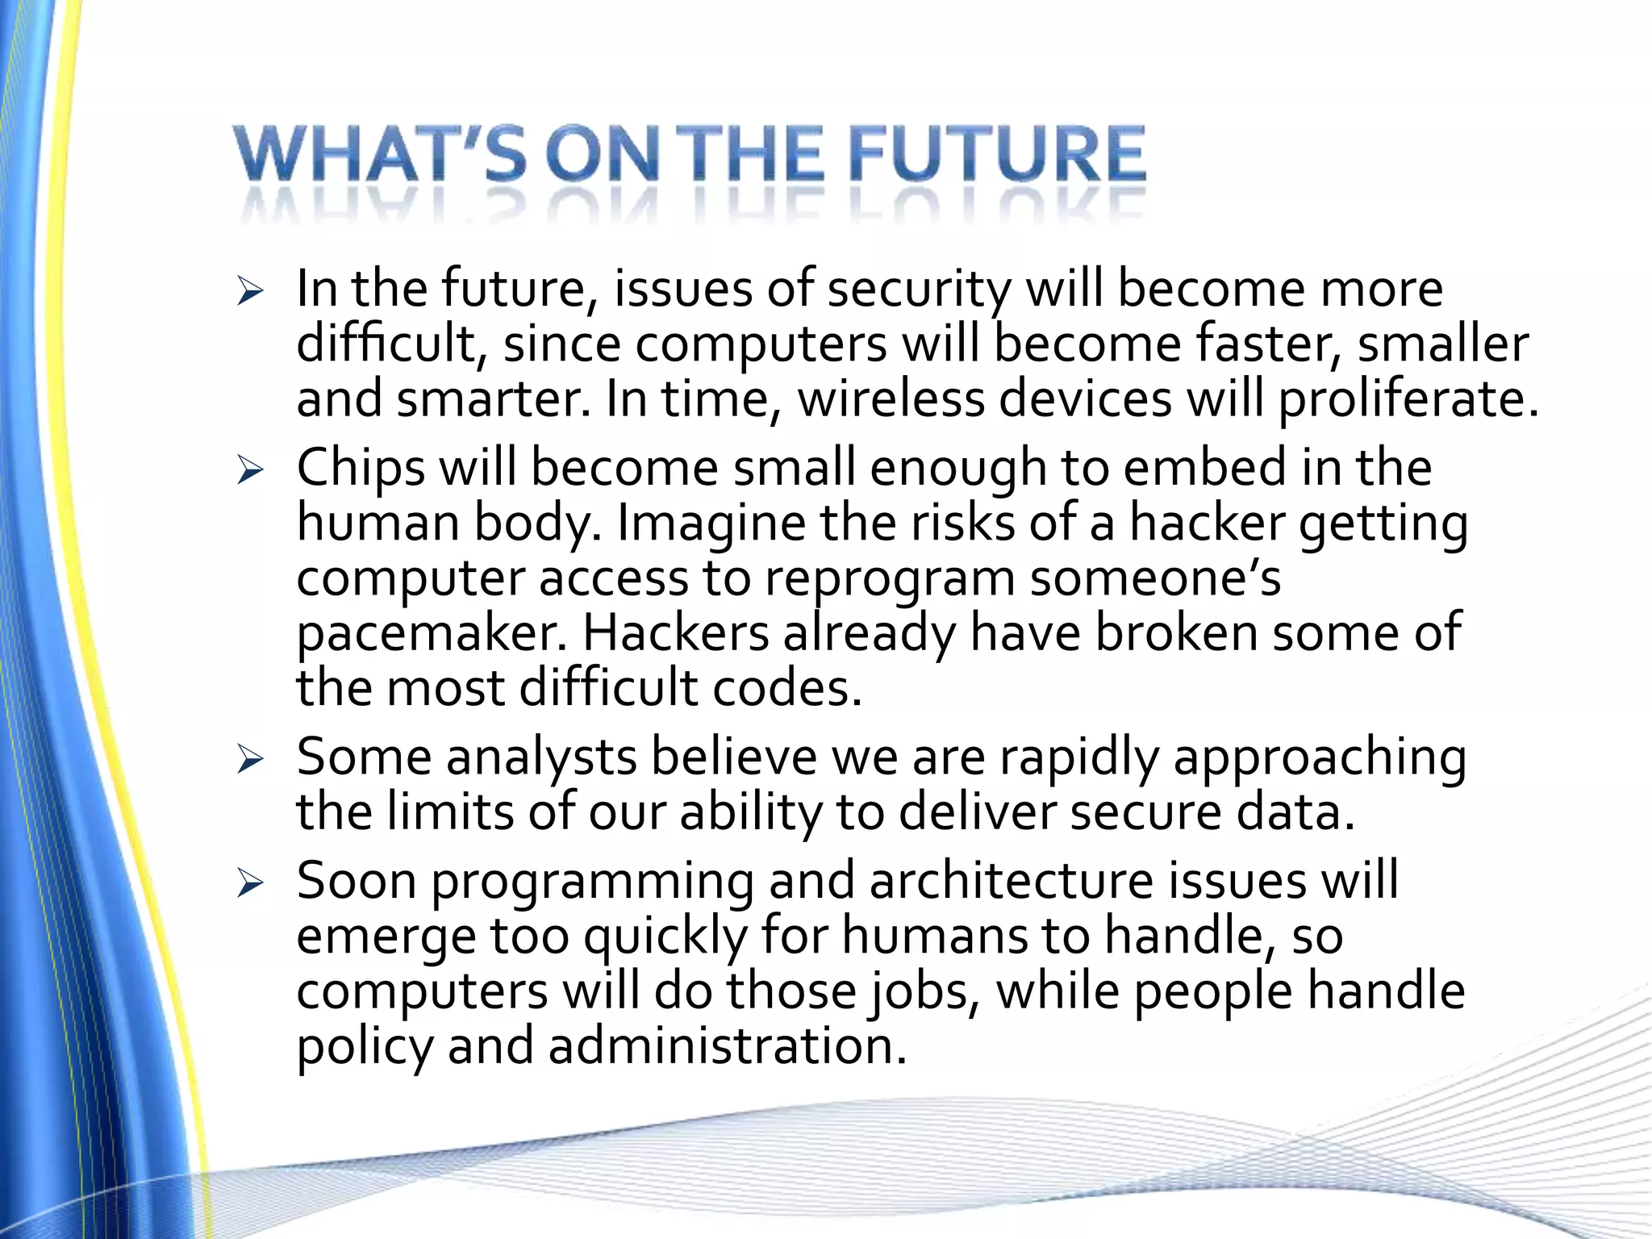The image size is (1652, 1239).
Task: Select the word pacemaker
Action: pos(432,634)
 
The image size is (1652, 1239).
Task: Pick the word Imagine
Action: pos(711,524)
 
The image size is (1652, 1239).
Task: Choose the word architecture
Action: pos(1012,881)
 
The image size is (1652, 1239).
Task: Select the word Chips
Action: pos(361,469)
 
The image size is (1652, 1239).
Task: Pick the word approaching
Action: pos(1320,758)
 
